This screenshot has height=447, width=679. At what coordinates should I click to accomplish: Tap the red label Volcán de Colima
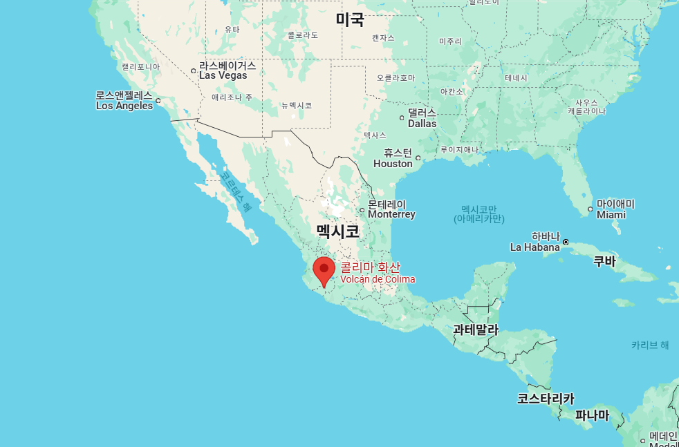click(x=378, y=273)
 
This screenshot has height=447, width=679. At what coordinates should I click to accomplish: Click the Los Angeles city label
click(x=124, y=101)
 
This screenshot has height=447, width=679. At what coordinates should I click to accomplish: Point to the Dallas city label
click(x=422, y=118)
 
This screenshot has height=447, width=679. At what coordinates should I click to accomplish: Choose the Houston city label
click(x=393, y=159)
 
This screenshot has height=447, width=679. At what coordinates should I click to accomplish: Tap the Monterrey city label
click(x=391, y=209)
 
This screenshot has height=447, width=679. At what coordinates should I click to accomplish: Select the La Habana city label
click(x=534, y=242)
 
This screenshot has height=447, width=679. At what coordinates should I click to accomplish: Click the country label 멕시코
click(x=337, y=231)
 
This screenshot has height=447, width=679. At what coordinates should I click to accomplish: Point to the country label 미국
click(x=350, y=19)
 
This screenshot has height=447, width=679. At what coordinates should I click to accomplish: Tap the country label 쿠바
click(x=605, y=261)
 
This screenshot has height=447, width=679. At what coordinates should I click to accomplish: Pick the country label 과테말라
click(x=476, y=330)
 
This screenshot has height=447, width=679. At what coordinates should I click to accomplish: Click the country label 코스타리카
click(x=546, y=399)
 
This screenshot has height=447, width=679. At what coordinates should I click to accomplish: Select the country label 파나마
click(x=593, y=415)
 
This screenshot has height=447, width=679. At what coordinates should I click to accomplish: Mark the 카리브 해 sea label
click(x=650, y=345)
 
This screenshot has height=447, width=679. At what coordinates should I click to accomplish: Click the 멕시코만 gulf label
click(x=479, y=214)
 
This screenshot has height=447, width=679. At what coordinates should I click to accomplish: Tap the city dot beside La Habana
click(x=566, y=242)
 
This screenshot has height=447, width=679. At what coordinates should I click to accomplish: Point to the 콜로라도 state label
click(x=303, y=35)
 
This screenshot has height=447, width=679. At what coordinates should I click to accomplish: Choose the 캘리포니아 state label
click(x=140, y=67)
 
